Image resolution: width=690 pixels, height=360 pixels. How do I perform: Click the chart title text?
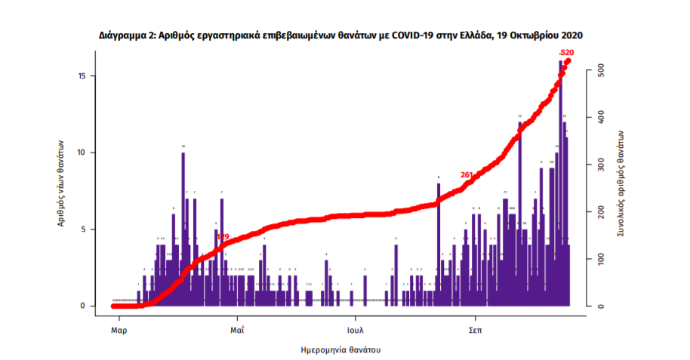340,35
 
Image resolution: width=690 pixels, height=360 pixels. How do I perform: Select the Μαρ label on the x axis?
117,331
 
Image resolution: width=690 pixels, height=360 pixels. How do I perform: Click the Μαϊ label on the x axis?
236,331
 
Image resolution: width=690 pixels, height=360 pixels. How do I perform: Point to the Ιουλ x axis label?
356,331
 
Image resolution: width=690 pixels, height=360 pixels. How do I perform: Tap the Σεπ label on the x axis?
475,331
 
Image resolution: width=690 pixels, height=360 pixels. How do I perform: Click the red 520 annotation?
567,53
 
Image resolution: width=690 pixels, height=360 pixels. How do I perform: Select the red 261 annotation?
467,175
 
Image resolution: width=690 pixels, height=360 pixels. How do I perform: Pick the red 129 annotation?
223,236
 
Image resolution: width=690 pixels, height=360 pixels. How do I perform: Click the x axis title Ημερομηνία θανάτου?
340,350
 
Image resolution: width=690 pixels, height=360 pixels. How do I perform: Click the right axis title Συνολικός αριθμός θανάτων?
620,184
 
